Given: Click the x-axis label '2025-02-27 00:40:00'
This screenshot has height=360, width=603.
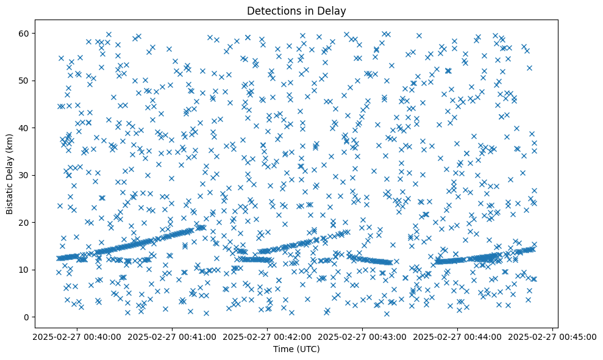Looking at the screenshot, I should pos(77,336).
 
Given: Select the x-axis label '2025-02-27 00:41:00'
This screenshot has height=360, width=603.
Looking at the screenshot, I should pos(172,336).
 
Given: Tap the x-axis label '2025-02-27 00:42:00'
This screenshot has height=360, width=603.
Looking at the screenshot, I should pos(267,336).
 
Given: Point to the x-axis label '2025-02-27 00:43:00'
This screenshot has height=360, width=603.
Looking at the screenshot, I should pos(362,336).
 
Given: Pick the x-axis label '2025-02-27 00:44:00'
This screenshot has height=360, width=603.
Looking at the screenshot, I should pos(457,336).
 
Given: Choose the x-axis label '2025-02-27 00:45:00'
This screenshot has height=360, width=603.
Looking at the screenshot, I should pos(552,336).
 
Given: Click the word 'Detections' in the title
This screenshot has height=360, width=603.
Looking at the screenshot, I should pos(269,10).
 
